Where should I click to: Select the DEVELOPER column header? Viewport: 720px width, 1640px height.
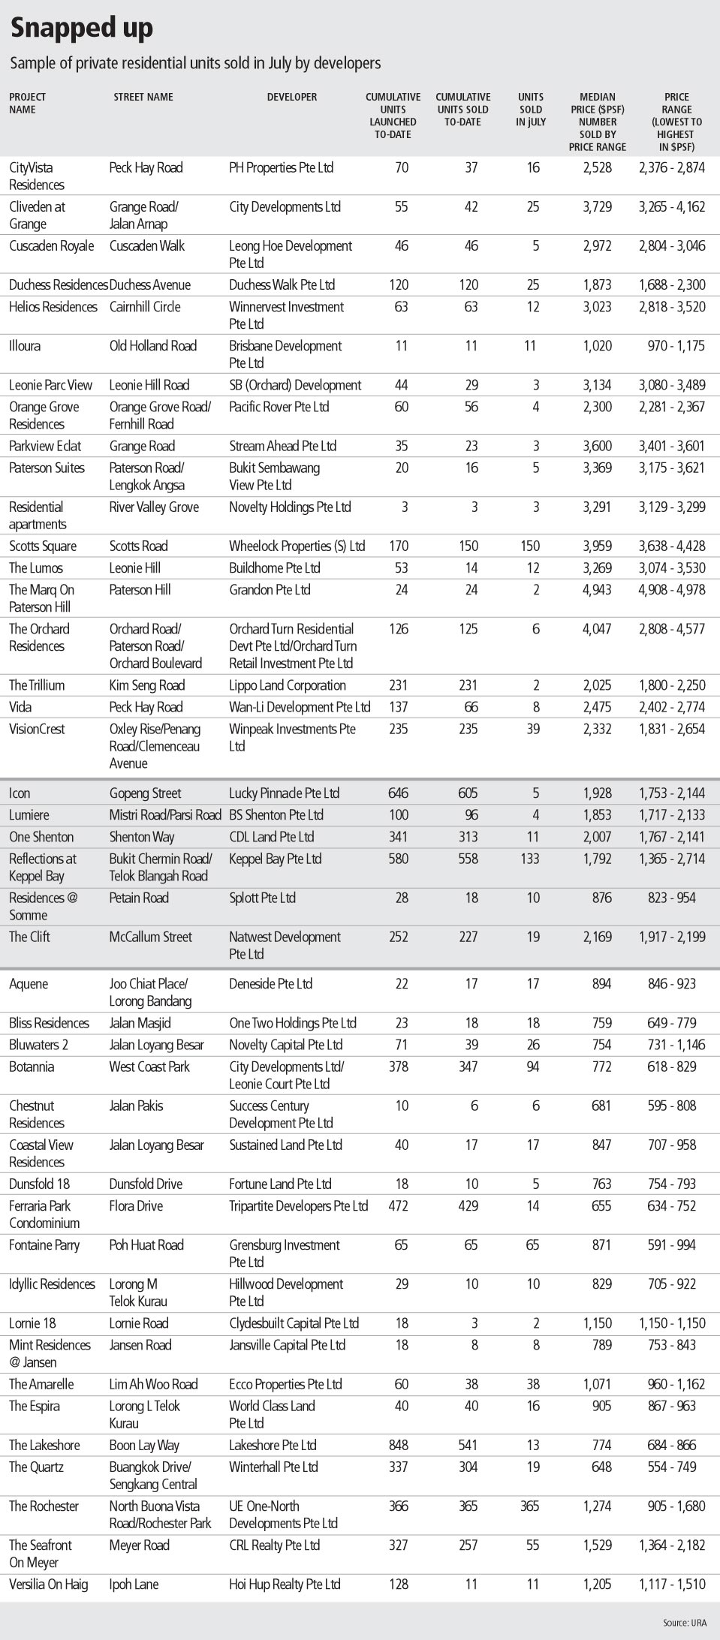[291, 97]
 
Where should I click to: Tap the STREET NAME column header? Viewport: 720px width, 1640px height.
[143, 97]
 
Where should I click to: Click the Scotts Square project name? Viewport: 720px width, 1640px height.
[43, 546]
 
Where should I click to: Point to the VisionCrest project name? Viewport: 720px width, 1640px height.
[37, 729]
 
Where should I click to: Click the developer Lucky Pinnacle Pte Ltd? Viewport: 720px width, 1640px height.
[284, 793]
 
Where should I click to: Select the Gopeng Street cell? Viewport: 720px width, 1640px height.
[145, 793]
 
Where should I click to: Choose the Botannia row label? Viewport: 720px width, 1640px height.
[32, 1067]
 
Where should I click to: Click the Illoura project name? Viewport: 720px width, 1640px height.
[25, 346]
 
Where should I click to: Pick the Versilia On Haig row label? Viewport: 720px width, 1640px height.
[48, 1584]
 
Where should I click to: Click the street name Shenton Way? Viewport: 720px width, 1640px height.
[142, 837]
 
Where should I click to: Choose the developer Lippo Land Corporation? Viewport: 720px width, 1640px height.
[288, 685]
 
